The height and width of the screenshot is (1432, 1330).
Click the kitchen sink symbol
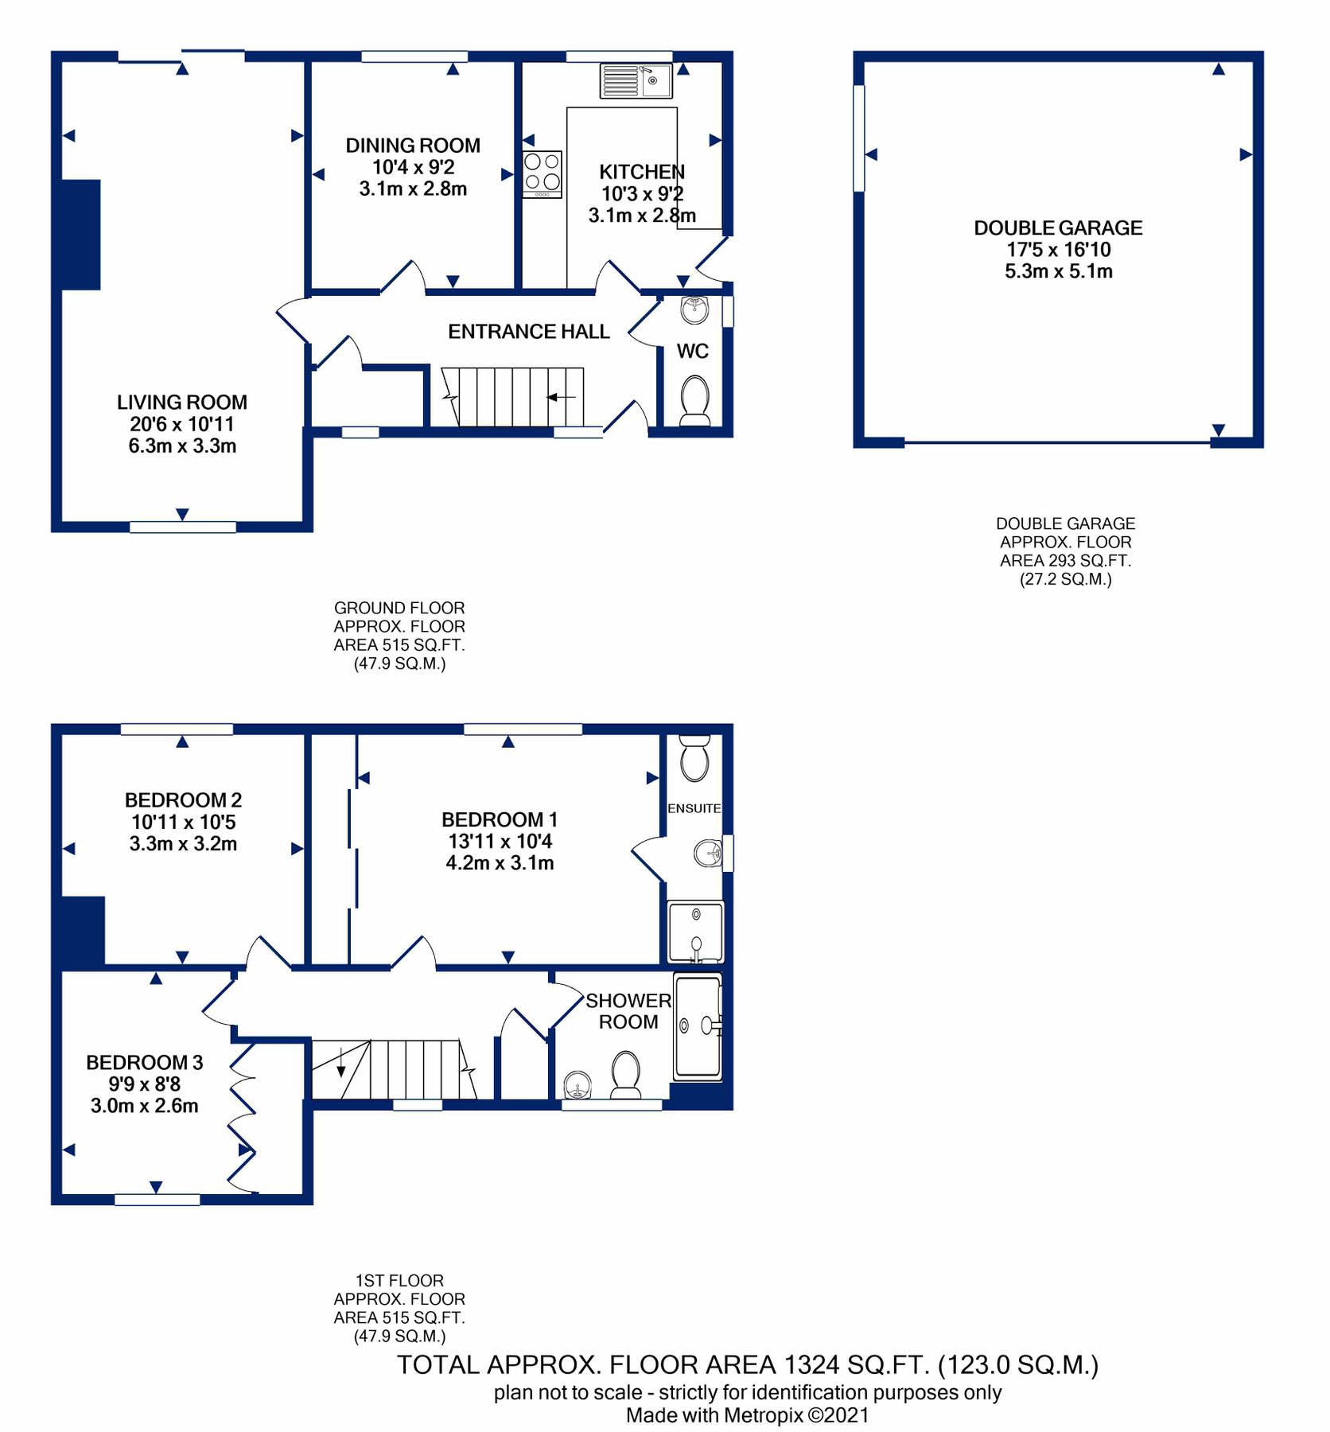pos(636,80)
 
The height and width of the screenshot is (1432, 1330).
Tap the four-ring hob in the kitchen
pos(542,173)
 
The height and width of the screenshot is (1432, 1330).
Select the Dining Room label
pos(413,146)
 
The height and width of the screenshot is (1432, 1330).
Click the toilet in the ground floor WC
pos(695,400)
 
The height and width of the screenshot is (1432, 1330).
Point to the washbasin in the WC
pos(694,309)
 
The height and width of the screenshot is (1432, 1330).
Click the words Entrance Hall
pos(528,332)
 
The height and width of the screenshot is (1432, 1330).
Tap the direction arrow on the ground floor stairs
pos(561,396)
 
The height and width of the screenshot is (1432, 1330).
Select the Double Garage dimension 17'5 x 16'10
pos(1058,250)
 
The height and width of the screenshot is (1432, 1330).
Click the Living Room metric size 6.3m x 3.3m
pos(182,446)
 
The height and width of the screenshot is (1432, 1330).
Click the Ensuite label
pos(694,808)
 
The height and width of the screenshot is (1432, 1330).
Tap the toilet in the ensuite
pos(694,759)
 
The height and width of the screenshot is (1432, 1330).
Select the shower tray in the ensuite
pos(696,932)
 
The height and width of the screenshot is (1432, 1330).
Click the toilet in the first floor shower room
pos(626,1072)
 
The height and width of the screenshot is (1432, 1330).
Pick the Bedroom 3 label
pos(144,1062)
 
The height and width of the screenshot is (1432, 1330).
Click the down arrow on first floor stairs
pos(341,1063)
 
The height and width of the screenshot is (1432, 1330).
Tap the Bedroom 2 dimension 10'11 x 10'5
pos(183,822)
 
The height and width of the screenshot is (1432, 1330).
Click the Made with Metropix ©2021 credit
pos(747,1415)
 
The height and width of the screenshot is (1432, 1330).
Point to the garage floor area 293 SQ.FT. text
pos(1065,561)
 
